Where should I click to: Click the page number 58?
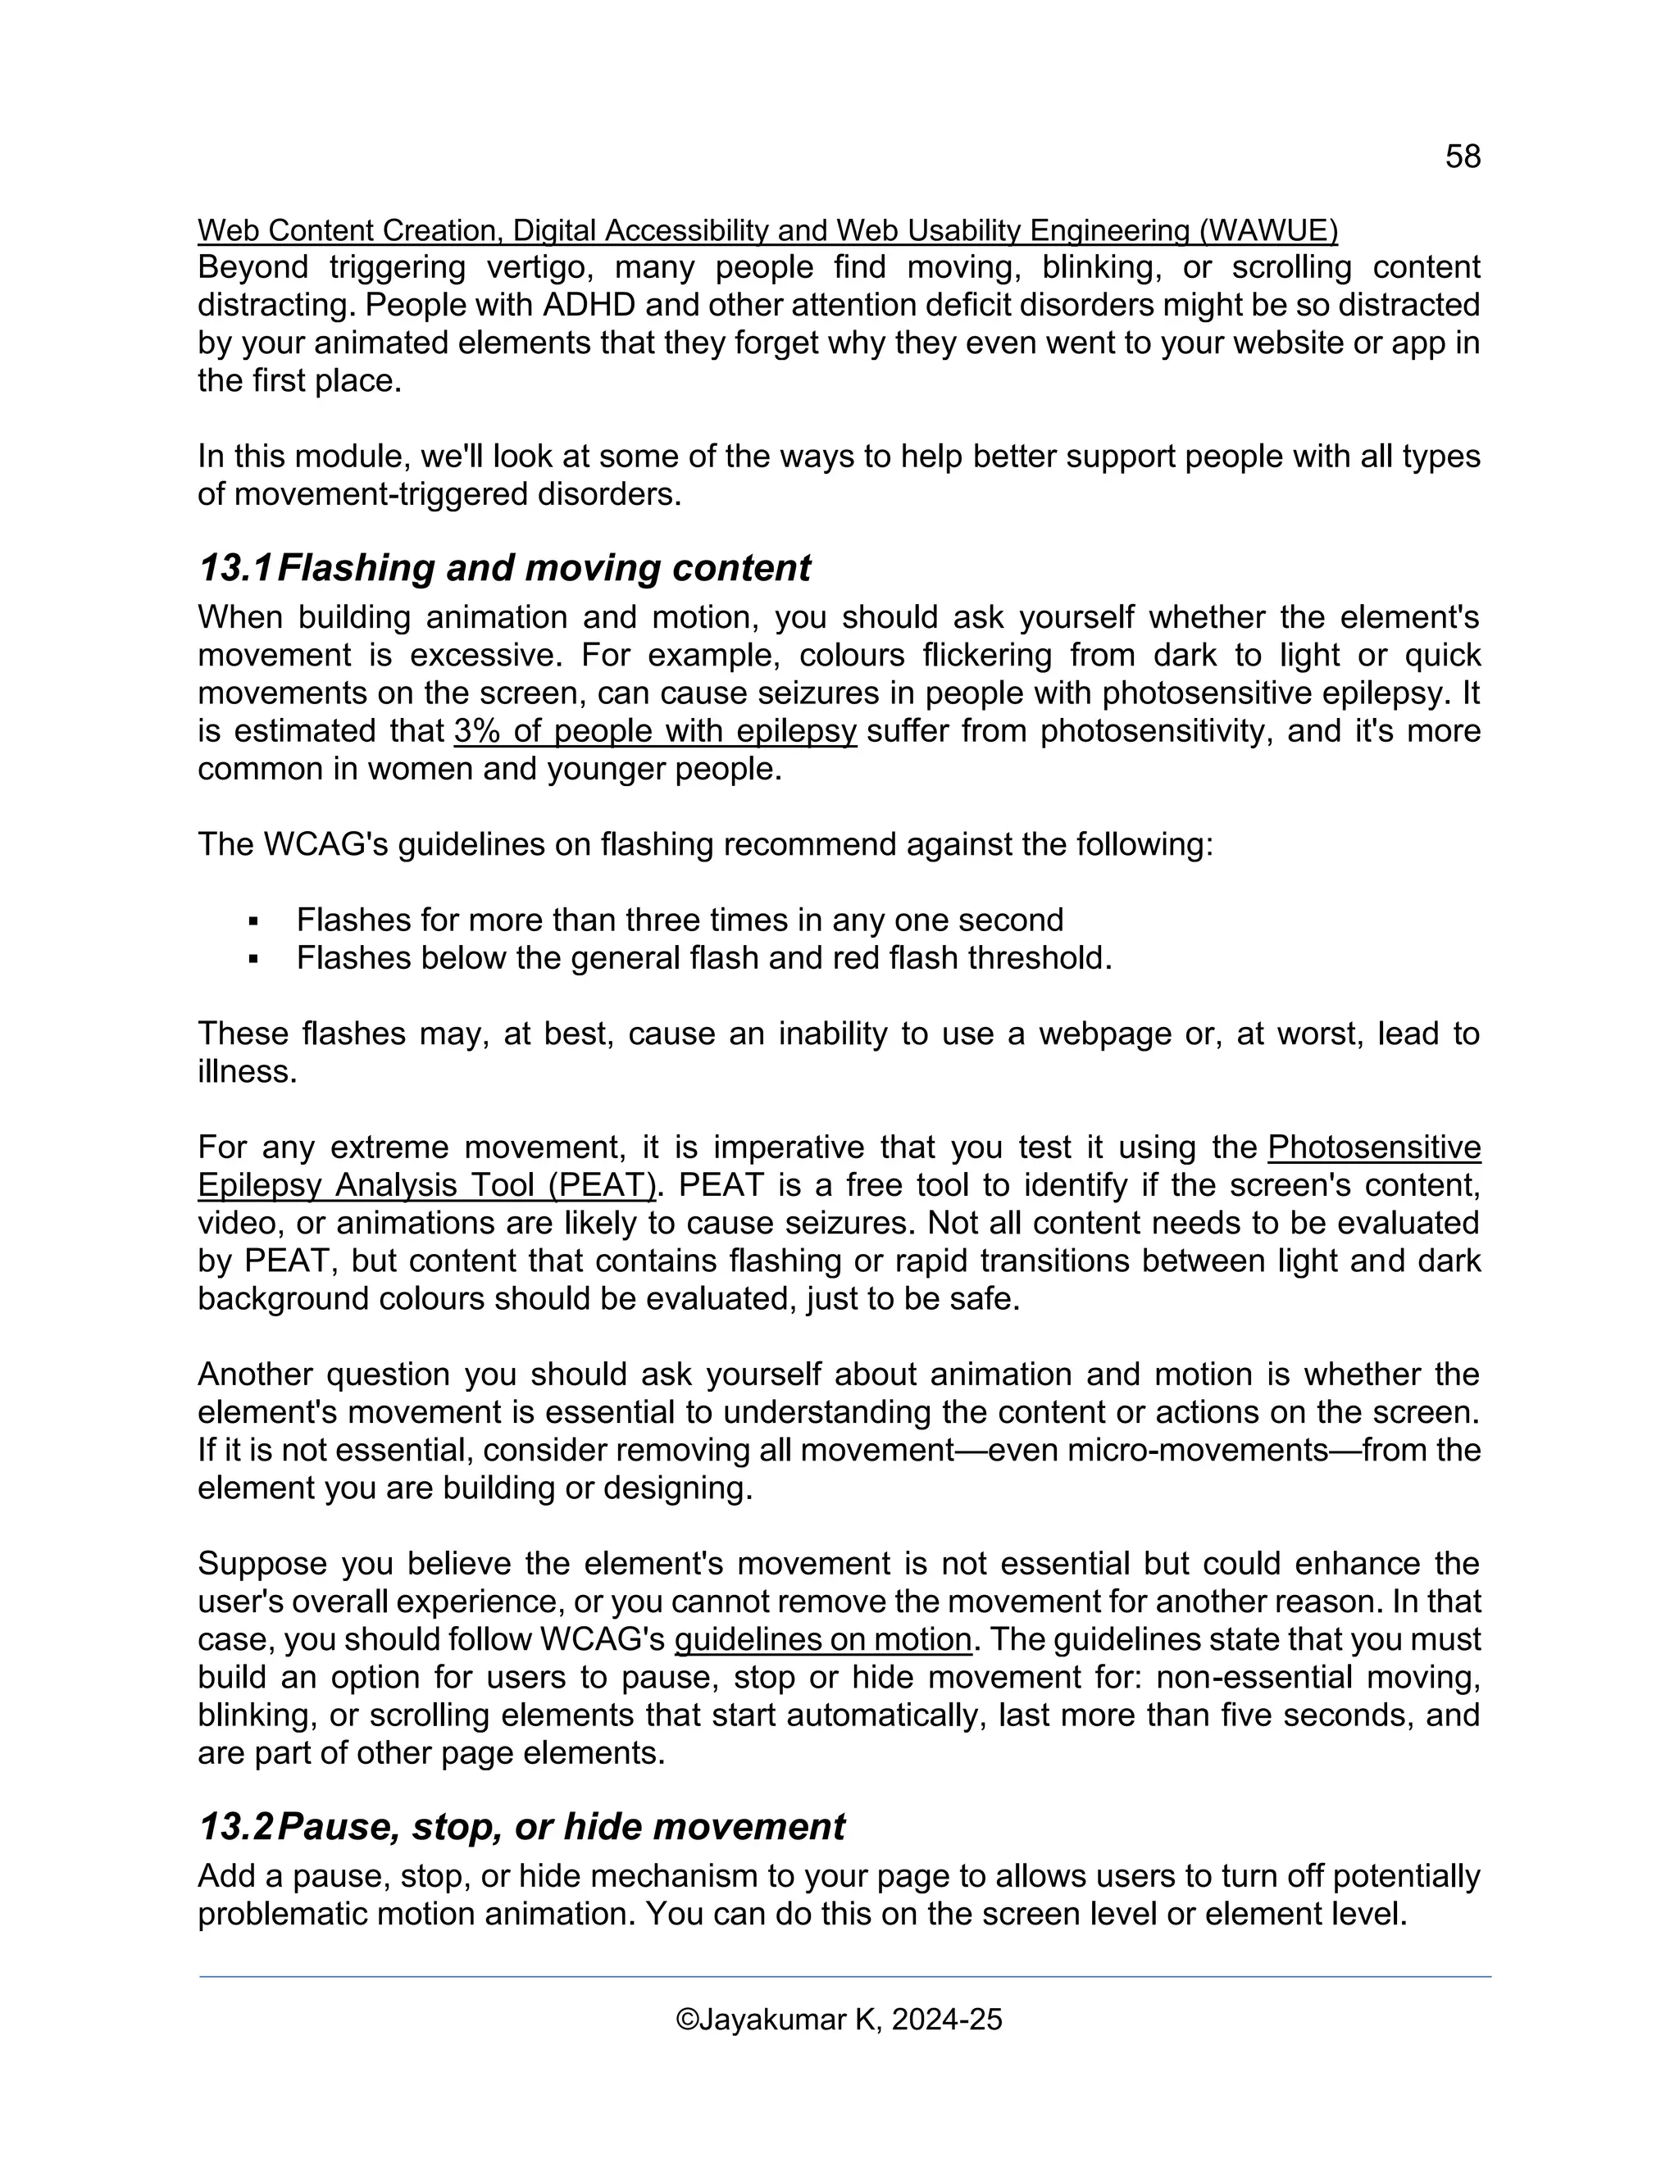point(1463,156)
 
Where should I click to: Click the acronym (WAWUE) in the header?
point(1268,231)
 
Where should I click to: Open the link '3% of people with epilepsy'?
point(654,731)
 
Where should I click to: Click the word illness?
point(247,1071)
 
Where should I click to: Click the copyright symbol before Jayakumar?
point(686,2020)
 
